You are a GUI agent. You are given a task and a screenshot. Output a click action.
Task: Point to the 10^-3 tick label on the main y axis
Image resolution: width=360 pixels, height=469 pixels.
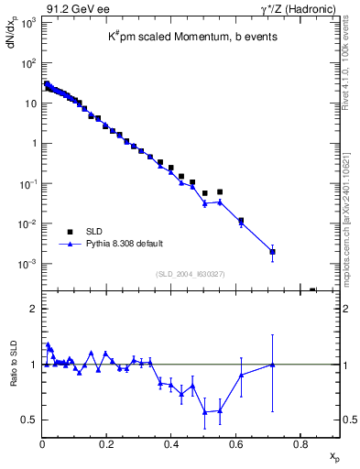(29, 264)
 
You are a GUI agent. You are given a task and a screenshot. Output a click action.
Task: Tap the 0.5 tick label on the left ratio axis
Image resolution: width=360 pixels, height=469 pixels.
(29, 420)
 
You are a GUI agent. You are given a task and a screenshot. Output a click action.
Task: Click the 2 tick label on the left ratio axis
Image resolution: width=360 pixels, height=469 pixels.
(35, 309)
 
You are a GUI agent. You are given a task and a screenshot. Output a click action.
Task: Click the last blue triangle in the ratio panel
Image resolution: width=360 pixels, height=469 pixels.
(272, 365)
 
